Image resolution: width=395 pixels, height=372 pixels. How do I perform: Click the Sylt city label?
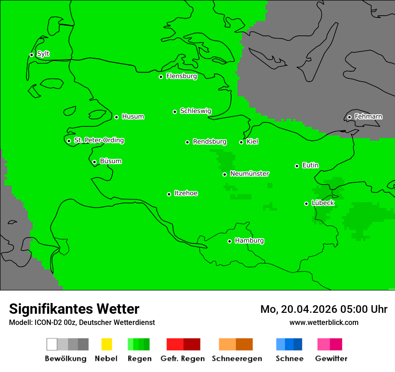coord(43,54)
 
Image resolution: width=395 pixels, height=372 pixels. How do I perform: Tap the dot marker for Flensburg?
coord(161,77)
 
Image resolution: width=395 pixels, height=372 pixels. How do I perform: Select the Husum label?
coord(133,117)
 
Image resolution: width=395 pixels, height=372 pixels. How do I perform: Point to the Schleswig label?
coord(195,111)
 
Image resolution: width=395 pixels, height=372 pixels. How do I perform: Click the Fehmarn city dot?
coord(349,117)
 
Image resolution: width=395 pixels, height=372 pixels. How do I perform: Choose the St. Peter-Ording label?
coord(99,141)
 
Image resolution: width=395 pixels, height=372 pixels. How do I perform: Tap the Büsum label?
coord(110,161)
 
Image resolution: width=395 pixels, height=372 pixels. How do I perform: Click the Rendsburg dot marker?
coord(187,142)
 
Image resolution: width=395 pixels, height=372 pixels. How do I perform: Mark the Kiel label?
coord(252,142)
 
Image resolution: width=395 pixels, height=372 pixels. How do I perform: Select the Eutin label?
coord(310,166)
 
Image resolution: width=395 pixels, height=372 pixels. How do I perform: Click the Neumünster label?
coord(250,174)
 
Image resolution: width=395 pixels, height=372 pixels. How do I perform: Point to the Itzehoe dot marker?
coord(169,194)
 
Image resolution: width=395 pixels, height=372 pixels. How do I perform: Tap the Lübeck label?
coord(323,203)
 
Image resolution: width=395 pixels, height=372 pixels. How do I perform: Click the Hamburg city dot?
coord(229,241)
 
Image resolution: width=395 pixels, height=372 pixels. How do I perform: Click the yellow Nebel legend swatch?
coord(106,344)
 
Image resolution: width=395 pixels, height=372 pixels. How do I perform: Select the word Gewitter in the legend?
coord(331,359)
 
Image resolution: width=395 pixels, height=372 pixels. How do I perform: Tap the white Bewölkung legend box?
coord(52,344)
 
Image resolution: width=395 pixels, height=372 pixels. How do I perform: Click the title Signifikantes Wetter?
coord(74,309)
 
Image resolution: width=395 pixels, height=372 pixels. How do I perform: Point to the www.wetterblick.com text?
coord(324,323)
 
